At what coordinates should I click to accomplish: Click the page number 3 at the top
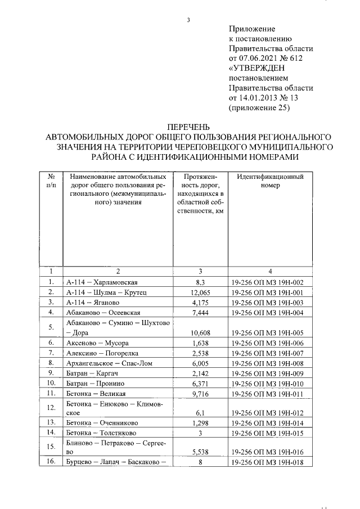189,21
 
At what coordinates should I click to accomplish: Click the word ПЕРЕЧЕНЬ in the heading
188,128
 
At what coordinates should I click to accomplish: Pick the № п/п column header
51,181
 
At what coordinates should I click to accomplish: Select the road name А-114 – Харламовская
102,282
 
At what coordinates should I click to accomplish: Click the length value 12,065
200,292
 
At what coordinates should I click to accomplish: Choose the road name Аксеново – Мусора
97,343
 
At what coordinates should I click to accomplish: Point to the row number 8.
51,363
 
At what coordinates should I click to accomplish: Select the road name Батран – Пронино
93,383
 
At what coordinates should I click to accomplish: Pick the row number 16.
51,462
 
